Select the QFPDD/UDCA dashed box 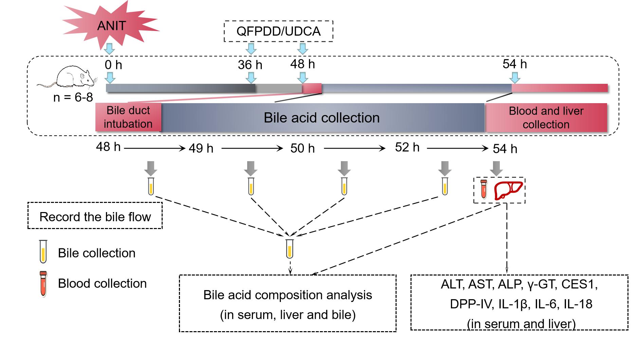pyautogui.click(x=278, y=31)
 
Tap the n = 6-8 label pyautogui.click(x=73, y=98)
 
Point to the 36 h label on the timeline pyautogui.click(x=250, y=64)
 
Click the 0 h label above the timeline pyautogui.click(x=113, y=64)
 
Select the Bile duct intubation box pyautogui.click(x=128, y=117)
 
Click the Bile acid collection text pyautogui.click(x=322, y=118)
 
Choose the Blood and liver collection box pyautogui.click(x=546, y=117)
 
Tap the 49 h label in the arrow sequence pyautogui.click(x=201, y=148)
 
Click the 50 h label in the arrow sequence pyautogui.click(x=302, y=148)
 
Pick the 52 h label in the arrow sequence pyautogui.click(x=407, y=147)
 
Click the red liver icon pyautogui.click(x=508, y=190)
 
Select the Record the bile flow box pyautogui.click(x=95, y=216)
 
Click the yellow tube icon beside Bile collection pyautogui.click(x=43, y=251)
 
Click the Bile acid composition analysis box pyautogui.click(x=288, y=303)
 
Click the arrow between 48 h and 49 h pyautogui.click(x=154, y=148)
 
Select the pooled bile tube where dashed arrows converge pyautogui.click(x=289, y=248)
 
